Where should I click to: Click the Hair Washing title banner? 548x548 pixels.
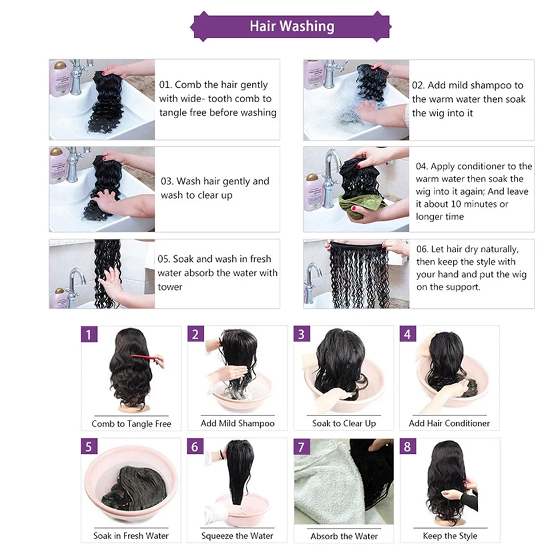[291, 26]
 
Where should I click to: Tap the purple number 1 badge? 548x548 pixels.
[89, 335]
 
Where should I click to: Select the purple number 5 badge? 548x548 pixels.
[89, 446]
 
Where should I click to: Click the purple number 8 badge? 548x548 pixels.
[408, 446]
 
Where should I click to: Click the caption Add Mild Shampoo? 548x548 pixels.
[237, 423]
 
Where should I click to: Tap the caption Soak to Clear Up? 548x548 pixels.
[344, 423]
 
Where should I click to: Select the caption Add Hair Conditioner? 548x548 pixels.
[449, 423]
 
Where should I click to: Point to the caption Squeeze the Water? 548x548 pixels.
[237, 536]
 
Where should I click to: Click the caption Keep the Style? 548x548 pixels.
[450, 536]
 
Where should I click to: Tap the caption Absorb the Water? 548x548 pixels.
[344, 536]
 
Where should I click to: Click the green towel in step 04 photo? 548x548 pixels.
[360, 205]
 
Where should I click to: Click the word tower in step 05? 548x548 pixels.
[170, 287]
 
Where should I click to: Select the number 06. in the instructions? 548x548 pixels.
[422, 249]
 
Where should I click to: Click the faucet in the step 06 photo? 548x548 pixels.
[313, 284]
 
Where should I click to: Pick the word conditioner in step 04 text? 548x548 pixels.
[481, 166]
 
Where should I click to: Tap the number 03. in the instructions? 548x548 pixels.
[167, 182]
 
